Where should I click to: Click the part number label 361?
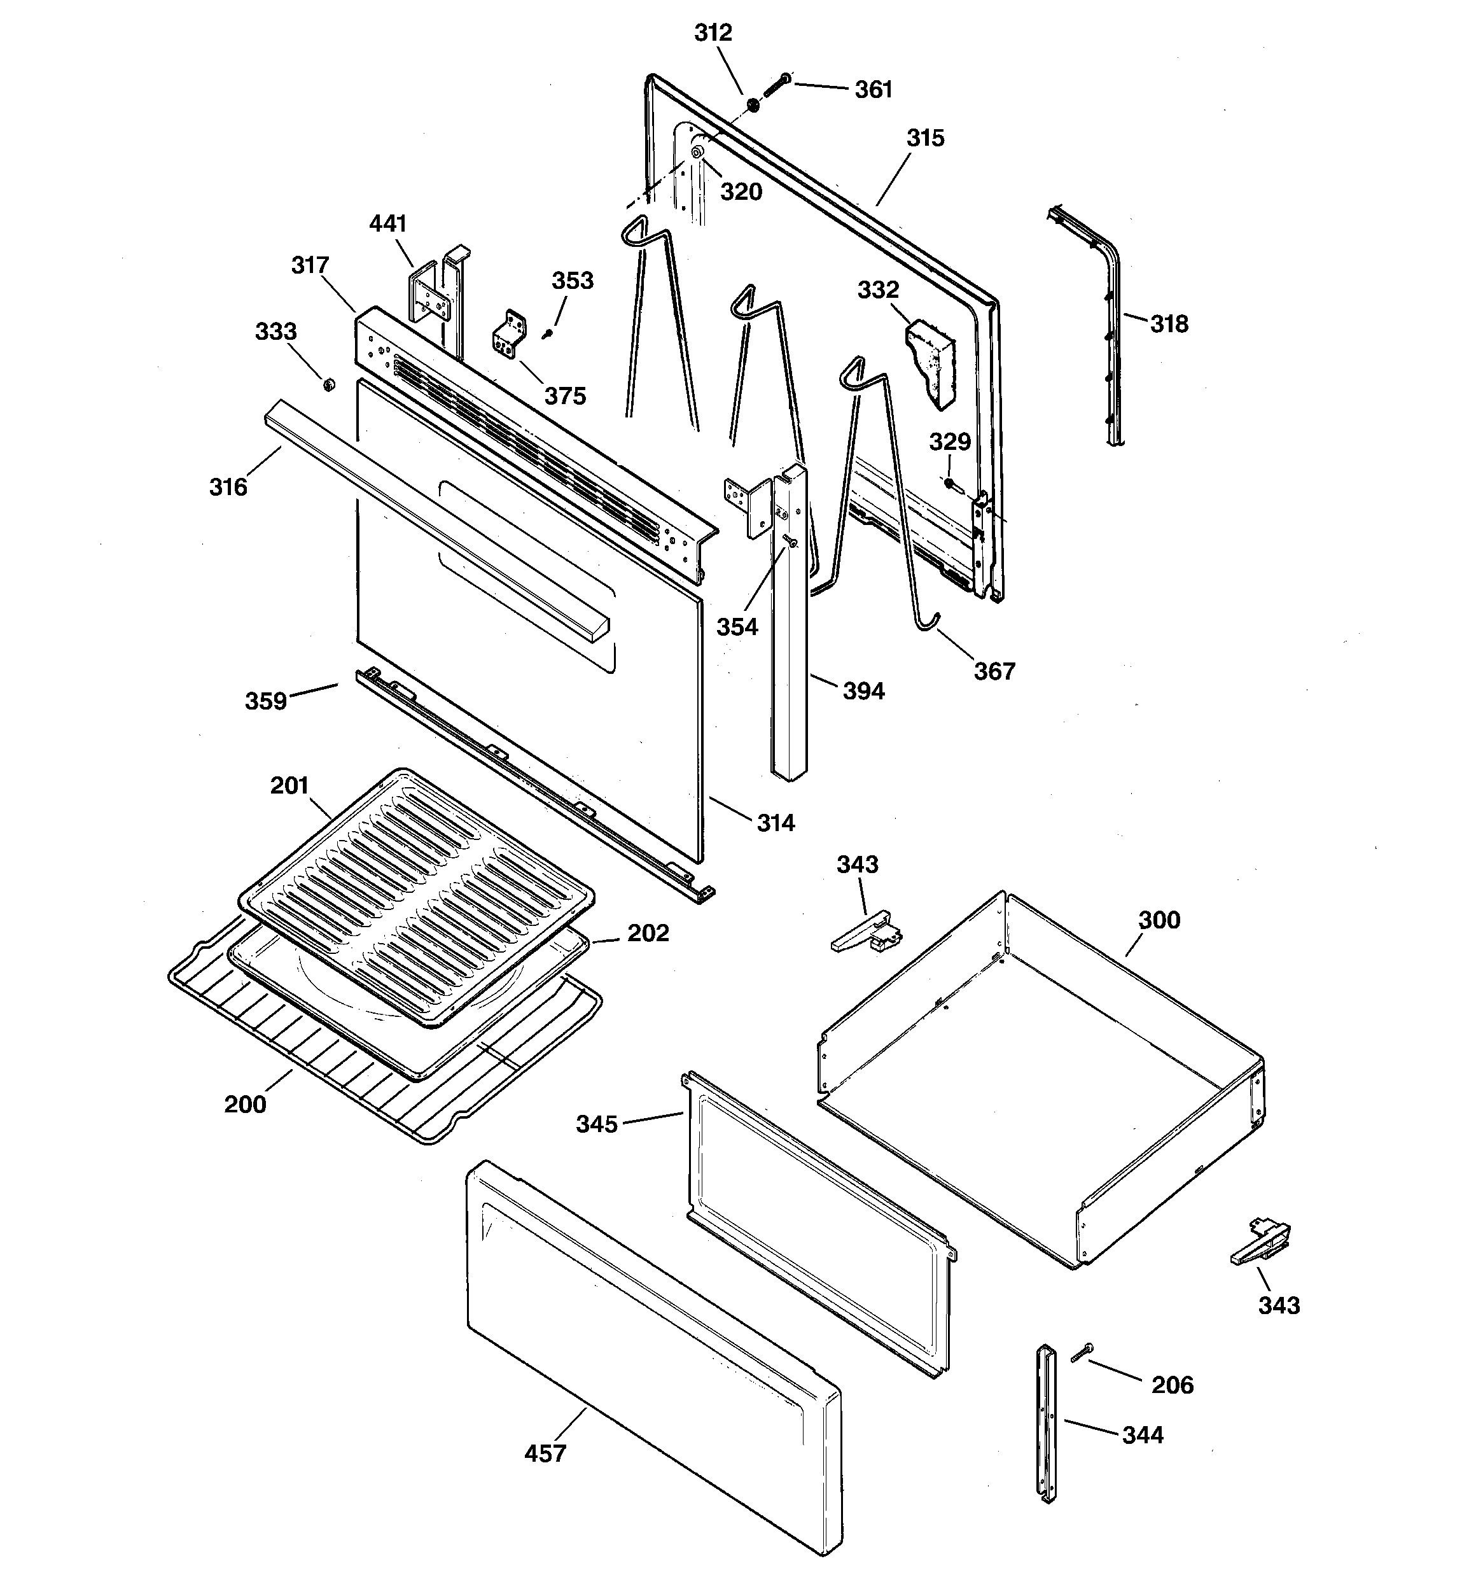point(873,90)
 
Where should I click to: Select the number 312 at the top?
point(713,32)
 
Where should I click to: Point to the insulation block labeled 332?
point(931,360)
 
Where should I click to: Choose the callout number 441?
point(388,223)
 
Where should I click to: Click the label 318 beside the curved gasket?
point(1169,323)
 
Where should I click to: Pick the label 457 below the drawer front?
point(546,1453)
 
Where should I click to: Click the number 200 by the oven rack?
point(245,1103)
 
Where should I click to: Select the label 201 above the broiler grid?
point(289,785)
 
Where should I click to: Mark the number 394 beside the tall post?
point(863,691)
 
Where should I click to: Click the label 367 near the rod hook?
point(994,671)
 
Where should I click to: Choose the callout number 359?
point(265,701)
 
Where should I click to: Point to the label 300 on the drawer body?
point(1159,920)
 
